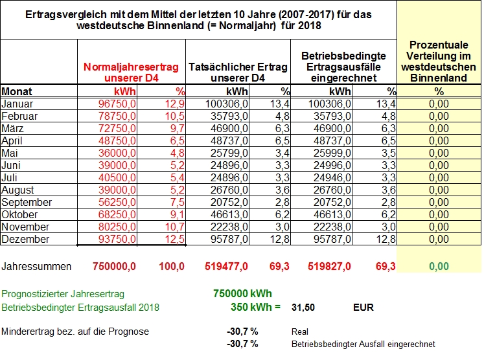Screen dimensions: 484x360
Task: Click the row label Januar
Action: click(17, 104)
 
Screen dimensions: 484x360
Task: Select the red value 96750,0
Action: click(117, 104)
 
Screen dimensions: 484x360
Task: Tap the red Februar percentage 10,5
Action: click(175, 116)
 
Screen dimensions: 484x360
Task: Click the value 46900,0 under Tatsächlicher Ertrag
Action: click(229, 128)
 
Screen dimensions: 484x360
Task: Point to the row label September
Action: click(27, 202)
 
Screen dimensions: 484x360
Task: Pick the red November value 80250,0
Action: click(117, 227)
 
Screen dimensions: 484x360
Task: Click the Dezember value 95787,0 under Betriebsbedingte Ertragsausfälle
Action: click(332, 239)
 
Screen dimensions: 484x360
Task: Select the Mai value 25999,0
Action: click(332, 153)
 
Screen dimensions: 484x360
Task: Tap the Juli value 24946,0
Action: click(332, 177)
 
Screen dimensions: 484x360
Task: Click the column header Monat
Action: click(17, 91)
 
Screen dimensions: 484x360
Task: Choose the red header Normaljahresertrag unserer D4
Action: click(131, 72)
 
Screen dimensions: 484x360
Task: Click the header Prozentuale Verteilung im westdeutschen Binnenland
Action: click(439, 62)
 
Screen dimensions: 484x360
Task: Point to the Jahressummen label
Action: click(36, 266)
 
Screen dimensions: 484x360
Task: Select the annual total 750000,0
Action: click(114, 266)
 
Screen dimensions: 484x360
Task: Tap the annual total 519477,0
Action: click(226, 266)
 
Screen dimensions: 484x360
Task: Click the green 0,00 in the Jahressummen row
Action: click(439, 266)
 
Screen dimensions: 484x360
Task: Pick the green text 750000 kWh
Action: click(242, 293)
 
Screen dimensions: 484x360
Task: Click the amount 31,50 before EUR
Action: click(303, 308)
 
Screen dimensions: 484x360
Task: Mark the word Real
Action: click(300, 332)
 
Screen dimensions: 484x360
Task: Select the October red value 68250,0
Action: click(117, 214)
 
